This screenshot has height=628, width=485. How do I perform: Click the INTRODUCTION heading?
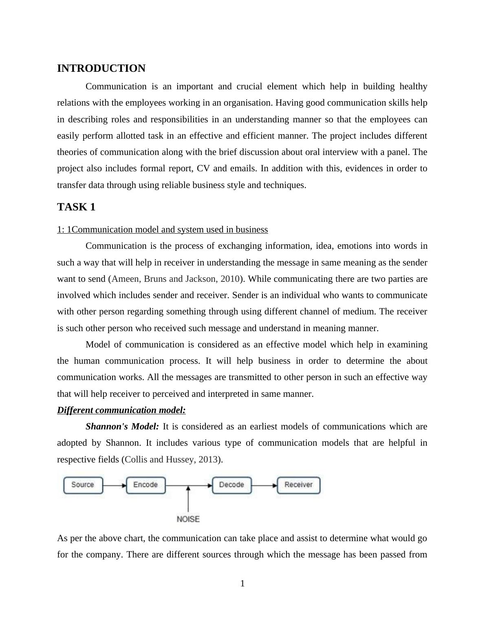tap(101, 69)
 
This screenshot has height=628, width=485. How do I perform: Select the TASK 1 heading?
tap(76, 207)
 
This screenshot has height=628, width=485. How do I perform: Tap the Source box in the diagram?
tap(83, 485)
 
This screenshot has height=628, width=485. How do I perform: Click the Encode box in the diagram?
tap(145, 485)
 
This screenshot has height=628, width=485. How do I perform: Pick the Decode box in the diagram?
tap(231, 485)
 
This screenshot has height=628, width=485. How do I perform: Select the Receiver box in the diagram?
tap(298, 485)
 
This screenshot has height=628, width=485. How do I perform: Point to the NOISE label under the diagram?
tap(188, 519)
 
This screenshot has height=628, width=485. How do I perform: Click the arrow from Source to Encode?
tap(115, 485)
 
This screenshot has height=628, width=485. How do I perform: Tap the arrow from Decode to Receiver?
tap(264, 485)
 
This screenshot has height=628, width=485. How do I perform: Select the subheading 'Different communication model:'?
tap(121, 410)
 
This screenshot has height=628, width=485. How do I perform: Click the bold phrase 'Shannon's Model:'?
tap(122, 427)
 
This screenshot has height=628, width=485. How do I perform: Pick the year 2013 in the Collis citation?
tap(207, 460)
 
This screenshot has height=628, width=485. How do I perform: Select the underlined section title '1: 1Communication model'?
tap(162, 230)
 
